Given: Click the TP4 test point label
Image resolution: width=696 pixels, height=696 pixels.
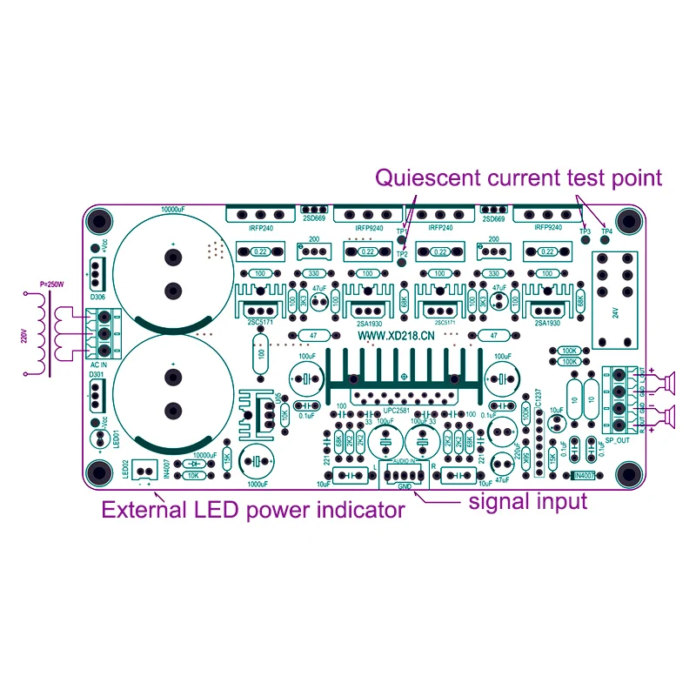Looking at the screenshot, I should pos(607,232).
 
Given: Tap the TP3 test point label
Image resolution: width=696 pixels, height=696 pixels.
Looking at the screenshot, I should pos(586,232).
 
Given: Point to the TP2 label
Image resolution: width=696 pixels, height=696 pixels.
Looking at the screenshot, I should pos(401,254).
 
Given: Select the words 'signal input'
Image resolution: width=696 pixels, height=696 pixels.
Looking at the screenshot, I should pos(528,501).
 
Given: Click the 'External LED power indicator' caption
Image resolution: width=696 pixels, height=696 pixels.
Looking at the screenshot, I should pos(253,511).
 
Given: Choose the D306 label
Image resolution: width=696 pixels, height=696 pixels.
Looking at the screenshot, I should pos(98,296).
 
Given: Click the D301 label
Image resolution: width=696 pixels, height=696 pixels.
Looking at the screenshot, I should pos(98,375).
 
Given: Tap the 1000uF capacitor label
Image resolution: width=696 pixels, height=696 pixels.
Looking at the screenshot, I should pos(258,485).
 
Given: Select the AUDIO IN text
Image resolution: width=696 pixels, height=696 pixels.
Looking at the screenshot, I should pos(403,460).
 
